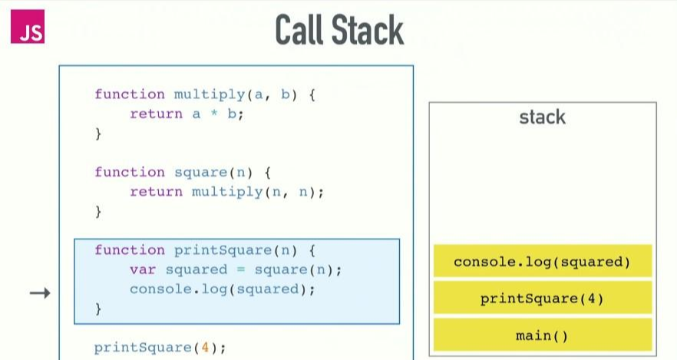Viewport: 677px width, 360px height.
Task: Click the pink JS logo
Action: (x=28, y=31)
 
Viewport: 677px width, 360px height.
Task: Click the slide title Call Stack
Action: (x=338, y=31)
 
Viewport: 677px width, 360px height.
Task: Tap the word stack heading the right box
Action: (x=542, y=117)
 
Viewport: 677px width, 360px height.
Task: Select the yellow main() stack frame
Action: (x=543, y=335)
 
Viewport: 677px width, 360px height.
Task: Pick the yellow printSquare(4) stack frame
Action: (x=543, y=298)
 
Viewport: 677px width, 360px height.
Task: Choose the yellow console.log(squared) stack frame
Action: (x=543, y=262)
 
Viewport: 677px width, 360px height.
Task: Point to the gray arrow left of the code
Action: (x=40, y=292)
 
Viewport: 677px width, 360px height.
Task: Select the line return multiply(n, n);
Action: (x=226, y=192)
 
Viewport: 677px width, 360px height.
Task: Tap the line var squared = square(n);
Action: (x=235, y=270)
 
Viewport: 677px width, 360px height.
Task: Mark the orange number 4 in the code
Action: (x=204, y=348)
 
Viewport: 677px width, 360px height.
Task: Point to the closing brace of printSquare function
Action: (x=98, y=309)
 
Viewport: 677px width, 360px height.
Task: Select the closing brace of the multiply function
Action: (x=98, y=134)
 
